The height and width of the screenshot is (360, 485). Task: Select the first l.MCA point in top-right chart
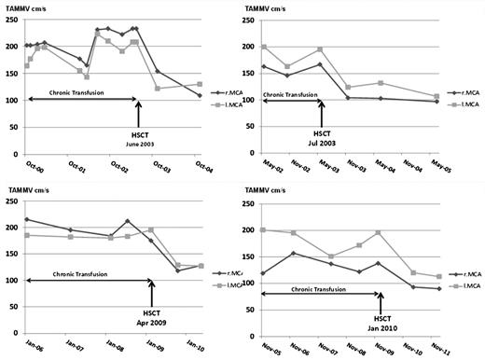pyautogui.click(x=263, y=47)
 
